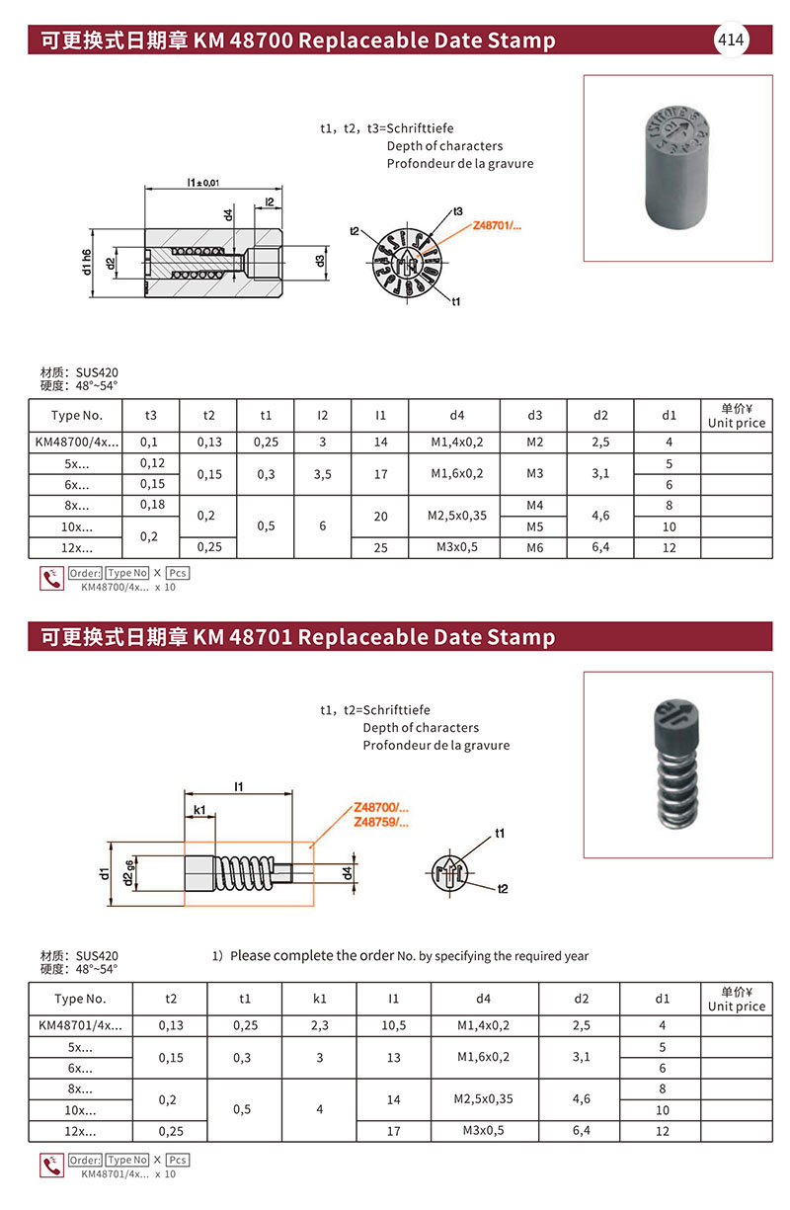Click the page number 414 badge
(x=731, y=40)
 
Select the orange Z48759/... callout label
(x=380, y=822)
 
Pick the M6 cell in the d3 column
(x=534, y=547)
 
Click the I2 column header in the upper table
(x=323, y=416)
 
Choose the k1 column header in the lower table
(x=319, y=999)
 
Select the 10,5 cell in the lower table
(x=393, y=1025)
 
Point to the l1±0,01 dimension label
(x=202, y=182)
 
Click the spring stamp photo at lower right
(x=676, y=764)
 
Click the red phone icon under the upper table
(x=50, y=579)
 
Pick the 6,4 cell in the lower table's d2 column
(x=581, y=1130)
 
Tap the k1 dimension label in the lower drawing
(x=198, y=810)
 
